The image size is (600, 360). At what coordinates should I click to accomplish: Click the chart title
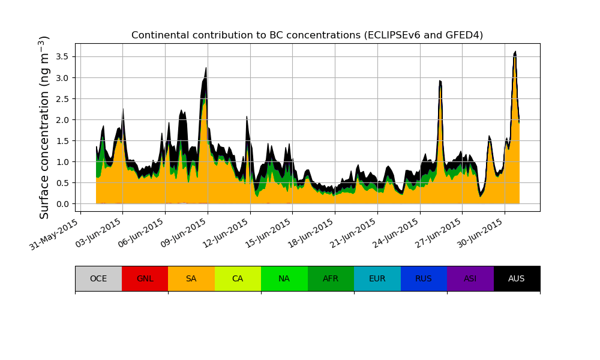307,35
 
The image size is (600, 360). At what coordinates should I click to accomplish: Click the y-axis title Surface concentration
45,127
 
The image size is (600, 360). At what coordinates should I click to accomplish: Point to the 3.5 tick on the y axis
62,56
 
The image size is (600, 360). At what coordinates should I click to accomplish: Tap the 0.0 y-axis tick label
62,204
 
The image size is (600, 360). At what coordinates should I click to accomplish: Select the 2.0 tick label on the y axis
62,119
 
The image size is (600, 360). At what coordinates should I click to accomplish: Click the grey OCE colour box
98,278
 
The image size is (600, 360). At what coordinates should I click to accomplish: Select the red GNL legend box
145,278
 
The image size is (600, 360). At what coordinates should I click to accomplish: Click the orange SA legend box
191,278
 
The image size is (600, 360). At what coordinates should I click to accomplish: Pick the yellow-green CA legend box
238,278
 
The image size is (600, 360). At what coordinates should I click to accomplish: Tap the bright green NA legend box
284,278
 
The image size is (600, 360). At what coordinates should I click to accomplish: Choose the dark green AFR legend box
331,278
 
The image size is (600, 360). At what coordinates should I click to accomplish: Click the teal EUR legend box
377,278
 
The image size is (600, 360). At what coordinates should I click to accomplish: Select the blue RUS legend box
424,278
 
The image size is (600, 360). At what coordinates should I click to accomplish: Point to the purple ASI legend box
470,278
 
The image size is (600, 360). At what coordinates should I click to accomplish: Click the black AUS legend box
517,278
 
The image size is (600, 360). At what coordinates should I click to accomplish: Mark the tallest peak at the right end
515,52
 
